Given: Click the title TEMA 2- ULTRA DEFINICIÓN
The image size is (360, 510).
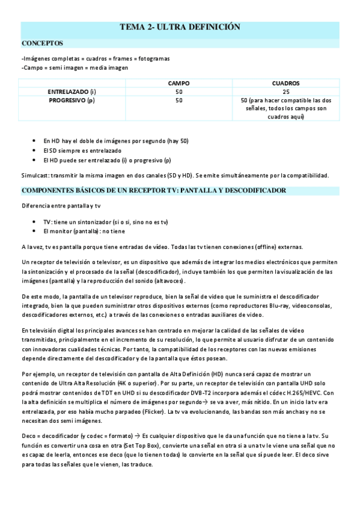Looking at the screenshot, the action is pos(180,27).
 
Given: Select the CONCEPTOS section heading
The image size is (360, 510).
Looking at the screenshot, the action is pos(43,43).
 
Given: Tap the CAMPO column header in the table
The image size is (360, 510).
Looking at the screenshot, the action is pos(178,83).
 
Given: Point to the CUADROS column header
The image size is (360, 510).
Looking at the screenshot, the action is pos(285,83).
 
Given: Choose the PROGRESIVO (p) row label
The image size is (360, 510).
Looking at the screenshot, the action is pos(72,100).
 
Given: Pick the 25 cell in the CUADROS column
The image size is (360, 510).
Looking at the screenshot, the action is pos(285,91).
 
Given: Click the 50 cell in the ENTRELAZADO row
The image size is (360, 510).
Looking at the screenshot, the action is pos(178,91).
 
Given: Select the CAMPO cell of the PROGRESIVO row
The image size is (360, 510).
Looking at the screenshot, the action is pos(178,100).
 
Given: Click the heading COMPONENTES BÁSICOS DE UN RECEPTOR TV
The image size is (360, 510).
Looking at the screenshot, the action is pos(153,190).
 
